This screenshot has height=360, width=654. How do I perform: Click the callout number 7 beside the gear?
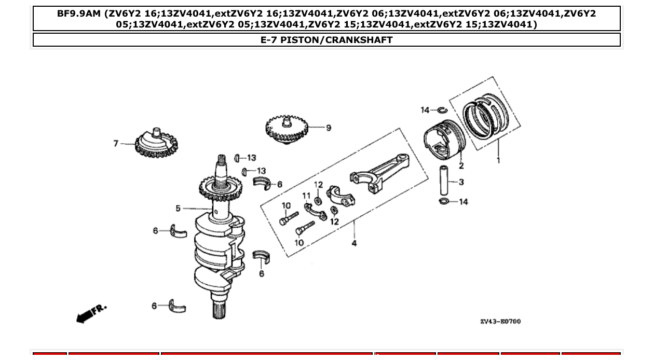tap(116, 143)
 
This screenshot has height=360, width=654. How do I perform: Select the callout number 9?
tap(329, 128)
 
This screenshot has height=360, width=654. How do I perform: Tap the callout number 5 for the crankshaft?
tap(178, 209)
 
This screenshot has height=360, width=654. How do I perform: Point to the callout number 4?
tap(354, 243)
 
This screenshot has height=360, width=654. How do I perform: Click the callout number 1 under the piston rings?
tap(498, 160)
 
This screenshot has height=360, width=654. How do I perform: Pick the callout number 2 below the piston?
tap(461, 166)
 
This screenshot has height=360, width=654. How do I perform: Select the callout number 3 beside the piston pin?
tap(461, 182)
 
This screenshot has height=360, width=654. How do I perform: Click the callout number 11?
tap(306, 196)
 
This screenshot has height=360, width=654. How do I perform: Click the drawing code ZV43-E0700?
tap(500, 322)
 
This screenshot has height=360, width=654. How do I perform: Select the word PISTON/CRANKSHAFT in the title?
tap(336, 40)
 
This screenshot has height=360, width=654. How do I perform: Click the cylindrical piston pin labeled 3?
tap(445, 181)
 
